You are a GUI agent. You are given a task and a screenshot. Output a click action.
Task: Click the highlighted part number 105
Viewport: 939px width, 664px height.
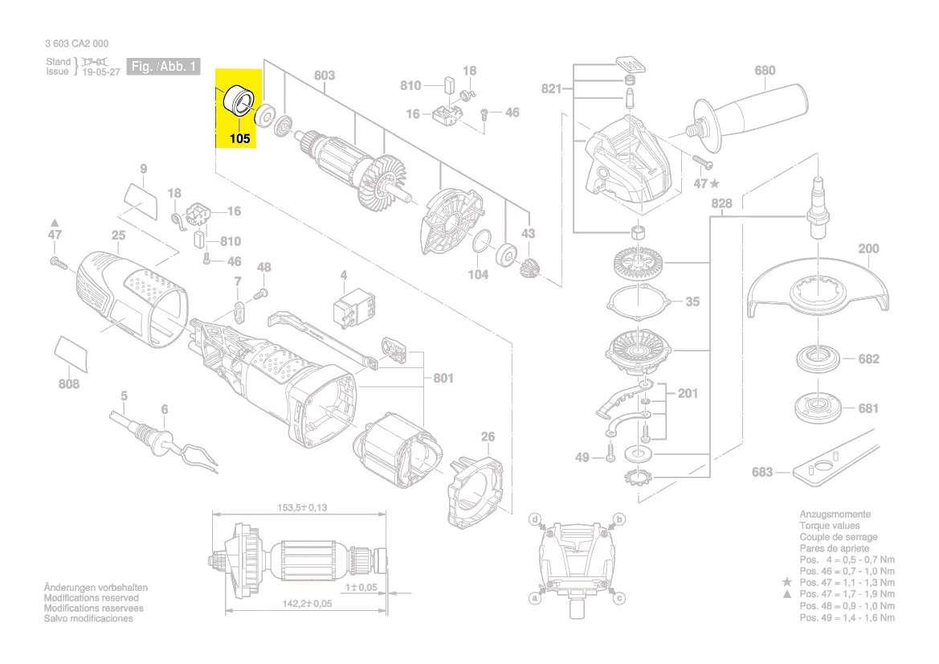tap(239, 138)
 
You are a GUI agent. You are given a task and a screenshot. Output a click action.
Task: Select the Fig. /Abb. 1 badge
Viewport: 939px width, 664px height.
tap(164, 68)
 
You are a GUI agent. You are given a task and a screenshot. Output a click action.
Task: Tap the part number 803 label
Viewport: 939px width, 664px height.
tap(324, 76)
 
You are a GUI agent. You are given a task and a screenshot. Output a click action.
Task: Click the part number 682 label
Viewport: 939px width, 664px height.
tap(868, 359)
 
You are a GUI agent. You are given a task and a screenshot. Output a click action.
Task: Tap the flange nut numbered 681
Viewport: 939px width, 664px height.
tap(819, 408)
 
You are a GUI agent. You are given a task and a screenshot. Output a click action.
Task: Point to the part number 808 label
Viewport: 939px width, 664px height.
tap(69, 384)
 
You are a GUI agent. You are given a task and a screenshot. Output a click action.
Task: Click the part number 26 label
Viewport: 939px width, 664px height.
tap(488, 437)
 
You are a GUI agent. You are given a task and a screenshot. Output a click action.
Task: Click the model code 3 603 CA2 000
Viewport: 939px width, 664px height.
tap(77, 44)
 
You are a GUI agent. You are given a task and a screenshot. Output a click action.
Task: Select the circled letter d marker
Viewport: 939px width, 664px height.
tap(535, 520)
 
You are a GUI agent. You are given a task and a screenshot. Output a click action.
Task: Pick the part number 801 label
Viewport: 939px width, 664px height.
tap(443, 378)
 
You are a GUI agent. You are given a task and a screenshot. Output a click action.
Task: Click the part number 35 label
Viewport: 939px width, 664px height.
tap(692, 302)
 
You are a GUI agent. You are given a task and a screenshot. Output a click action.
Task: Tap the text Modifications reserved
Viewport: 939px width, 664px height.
tap(91, 598)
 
